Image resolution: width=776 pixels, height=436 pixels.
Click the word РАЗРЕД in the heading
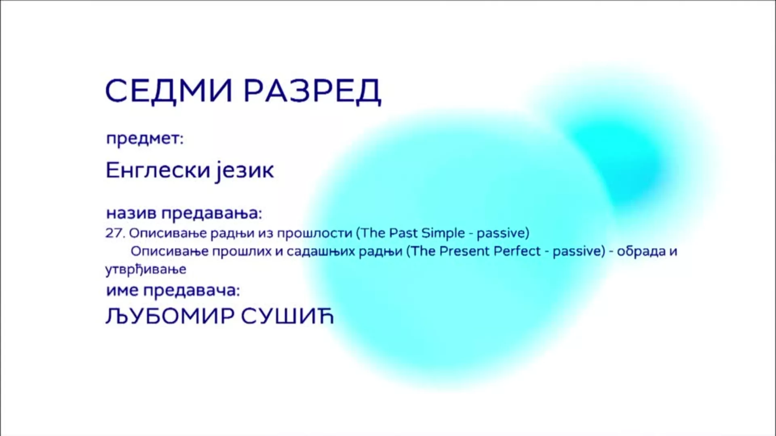tap(312, 92)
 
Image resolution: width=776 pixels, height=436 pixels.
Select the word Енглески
tap(158, 170)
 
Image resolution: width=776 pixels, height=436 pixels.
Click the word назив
tap(131, 213)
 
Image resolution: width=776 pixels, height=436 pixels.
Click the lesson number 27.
tap(115, 233)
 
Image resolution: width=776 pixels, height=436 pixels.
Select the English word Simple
tap(443, 234)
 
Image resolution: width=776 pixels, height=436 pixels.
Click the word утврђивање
tap(146, 270)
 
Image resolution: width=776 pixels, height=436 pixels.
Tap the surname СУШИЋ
tap(287, 317)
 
